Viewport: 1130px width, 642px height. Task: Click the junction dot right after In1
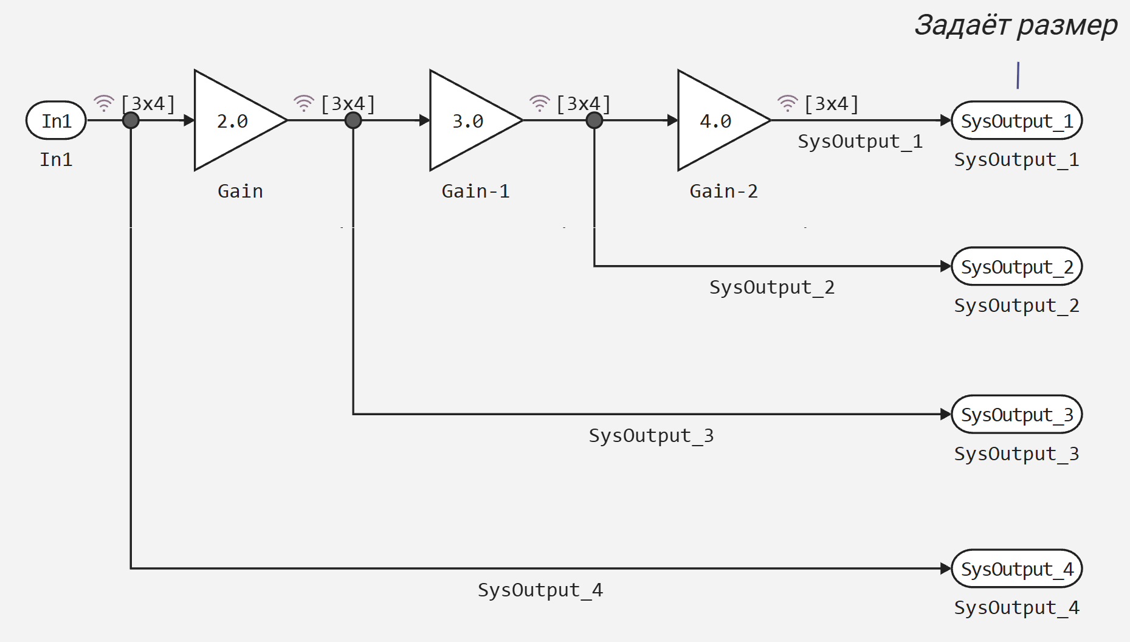131,120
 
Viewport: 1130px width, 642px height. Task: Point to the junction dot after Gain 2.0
353,120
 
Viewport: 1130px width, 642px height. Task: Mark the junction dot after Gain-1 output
594,120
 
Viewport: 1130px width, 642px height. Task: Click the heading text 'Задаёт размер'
1016,26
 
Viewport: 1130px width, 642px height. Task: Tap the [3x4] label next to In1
148,104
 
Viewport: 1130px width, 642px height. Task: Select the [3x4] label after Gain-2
832,104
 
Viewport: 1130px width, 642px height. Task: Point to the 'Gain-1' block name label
475,191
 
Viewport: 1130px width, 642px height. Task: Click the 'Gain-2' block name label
723,191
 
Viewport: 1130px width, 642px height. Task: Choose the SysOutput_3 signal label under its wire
651,435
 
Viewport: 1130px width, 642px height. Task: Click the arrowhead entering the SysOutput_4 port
946,568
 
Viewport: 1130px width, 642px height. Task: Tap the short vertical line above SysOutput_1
1018,75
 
